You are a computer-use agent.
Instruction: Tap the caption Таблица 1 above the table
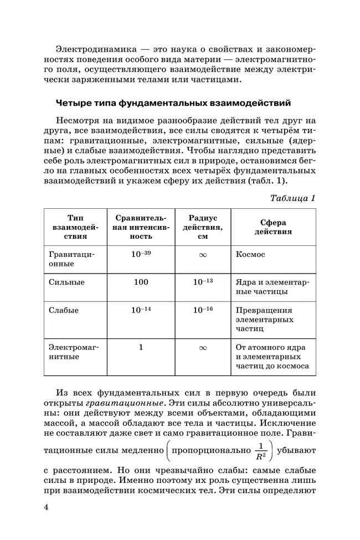pyautogui.click(x=292, y=198)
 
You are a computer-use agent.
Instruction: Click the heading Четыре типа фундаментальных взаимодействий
pyautogui.click(x=174, y=103)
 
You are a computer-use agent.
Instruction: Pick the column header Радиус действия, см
pyautogui.click(x=203, y=227)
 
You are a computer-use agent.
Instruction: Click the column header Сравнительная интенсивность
pyautogui.click(x=141, y=227)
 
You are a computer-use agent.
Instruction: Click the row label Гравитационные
pyautogui.click(x=71, y=259)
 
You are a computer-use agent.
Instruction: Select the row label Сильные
pyautogui.click(x=66, y=282)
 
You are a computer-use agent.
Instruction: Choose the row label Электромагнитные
pyautogui.click(x=71, y=352)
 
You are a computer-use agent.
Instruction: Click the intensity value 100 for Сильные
pyautogui.click(x=141, y=282)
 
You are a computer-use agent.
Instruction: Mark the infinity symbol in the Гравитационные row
pyautogui.click(x=203, y=255)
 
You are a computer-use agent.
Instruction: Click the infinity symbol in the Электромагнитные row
pyautogui.click(x=203, y=348)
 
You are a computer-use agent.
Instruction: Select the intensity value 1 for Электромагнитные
pyautogui.click(x=141, y=347)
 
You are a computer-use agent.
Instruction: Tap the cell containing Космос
pyautogui.click(x=250, y=254)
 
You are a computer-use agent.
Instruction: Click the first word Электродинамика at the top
pyautogui.click(x=90, y=49)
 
